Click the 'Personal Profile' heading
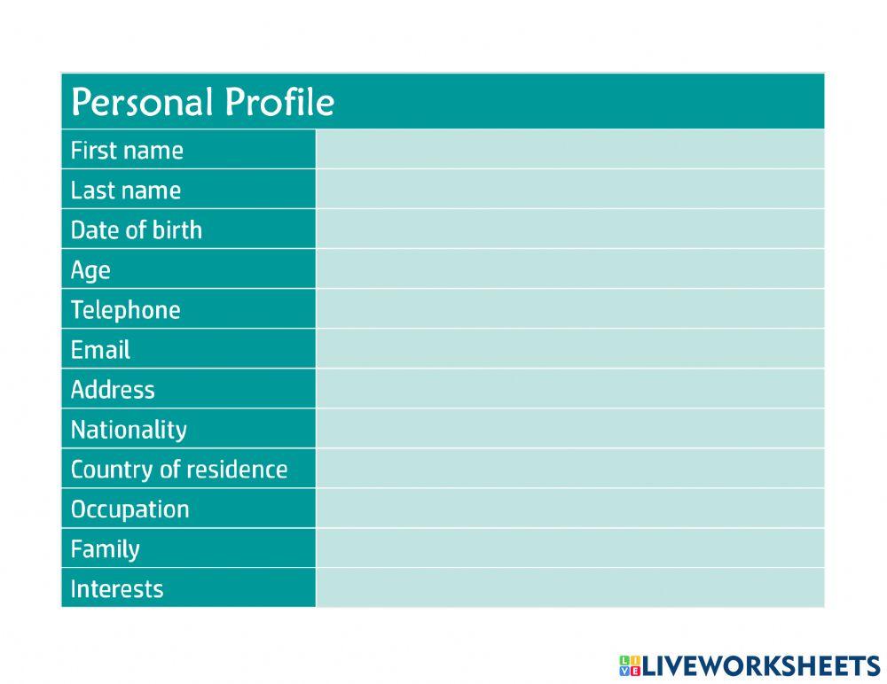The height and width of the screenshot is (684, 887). pyautogui.click(x=202, y=103)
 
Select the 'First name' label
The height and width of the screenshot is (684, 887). pyautogui.click(x=127, y=151)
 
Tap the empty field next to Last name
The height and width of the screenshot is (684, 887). pyautogui.click(x=569, y=190)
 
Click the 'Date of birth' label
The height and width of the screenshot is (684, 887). pyautogui.click(x=137, y=230)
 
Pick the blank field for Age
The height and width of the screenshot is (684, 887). pyautogui.click(x=569, y=269)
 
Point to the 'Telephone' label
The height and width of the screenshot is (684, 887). pyautogui.click(x=125, y=310)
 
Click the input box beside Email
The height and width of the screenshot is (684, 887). pyautogui.click(x=569, y=349)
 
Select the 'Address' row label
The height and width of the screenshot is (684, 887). pyautogui.click(x=113, y=390)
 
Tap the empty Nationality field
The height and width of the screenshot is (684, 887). pyautogui.click(x=569, y=429)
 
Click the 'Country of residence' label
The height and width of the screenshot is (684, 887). pyautogui.click(x=179, y=470)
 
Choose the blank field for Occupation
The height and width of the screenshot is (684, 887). pyautogui.click(x=569, y=509)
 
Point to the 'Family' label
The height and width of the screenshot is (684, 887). pyautogui.click(x=105, y=549)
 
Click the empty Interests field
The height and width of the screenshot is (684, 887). pyautogui.click(x=569, y=588)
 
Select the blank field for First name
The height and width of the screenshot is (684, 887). pyautogui.click(x=569, y=150)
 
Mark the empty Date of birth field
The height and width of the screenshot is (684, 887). pyautogui.click(x=569, y=229)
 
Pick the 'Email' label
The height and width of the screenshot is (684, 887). pyautogui.click(x=100, y=350)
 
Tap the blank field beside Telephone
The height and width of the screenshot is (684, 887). pyautogui.click(x=569, y=309)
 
